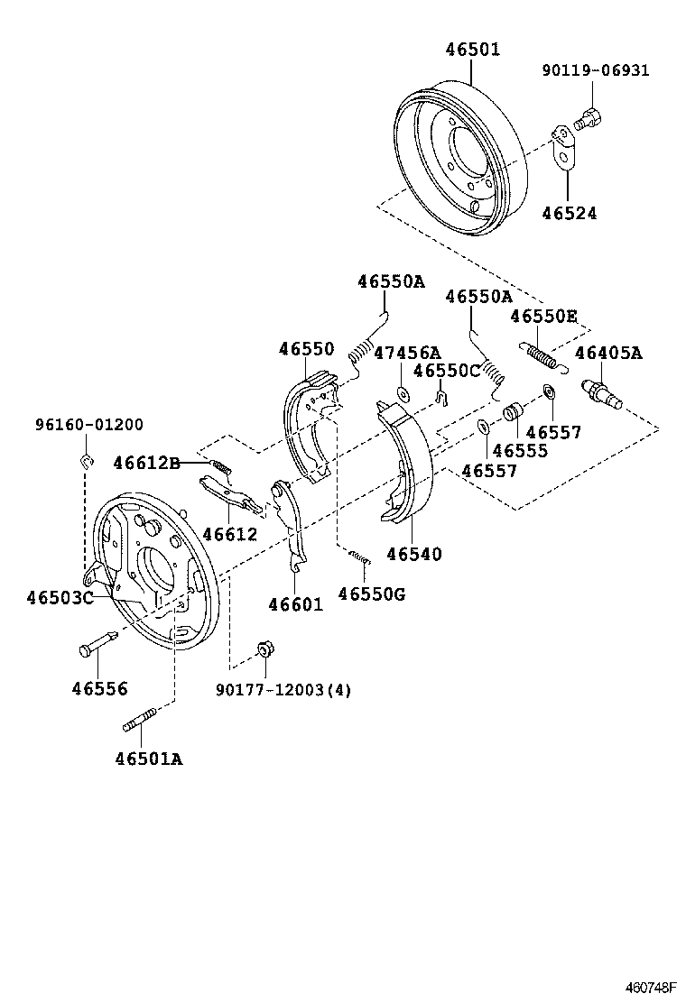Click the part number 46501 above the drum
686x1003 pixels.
tap(471, 50)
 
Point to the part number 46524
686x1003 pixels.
tap(569, 214)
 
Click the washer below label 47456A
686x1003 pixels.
tap(402, 393)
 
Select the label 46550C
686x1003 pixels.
tap(446, 371)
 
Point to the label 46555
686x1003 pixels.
tap(520, 450)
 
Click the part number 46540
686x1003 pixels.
tap(414, 554)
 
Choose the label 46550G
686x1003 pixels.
tap(371, 593)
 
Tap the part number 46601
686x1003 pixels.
tap(294, 604)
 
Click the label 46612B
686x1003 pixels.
tap(147, 463)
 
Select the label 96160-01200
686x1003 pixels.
tap(88, 424)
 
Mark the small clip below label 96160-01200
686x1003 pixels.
tap(87, 462)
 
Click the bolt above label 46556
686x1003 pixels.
tap(95, 646)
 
